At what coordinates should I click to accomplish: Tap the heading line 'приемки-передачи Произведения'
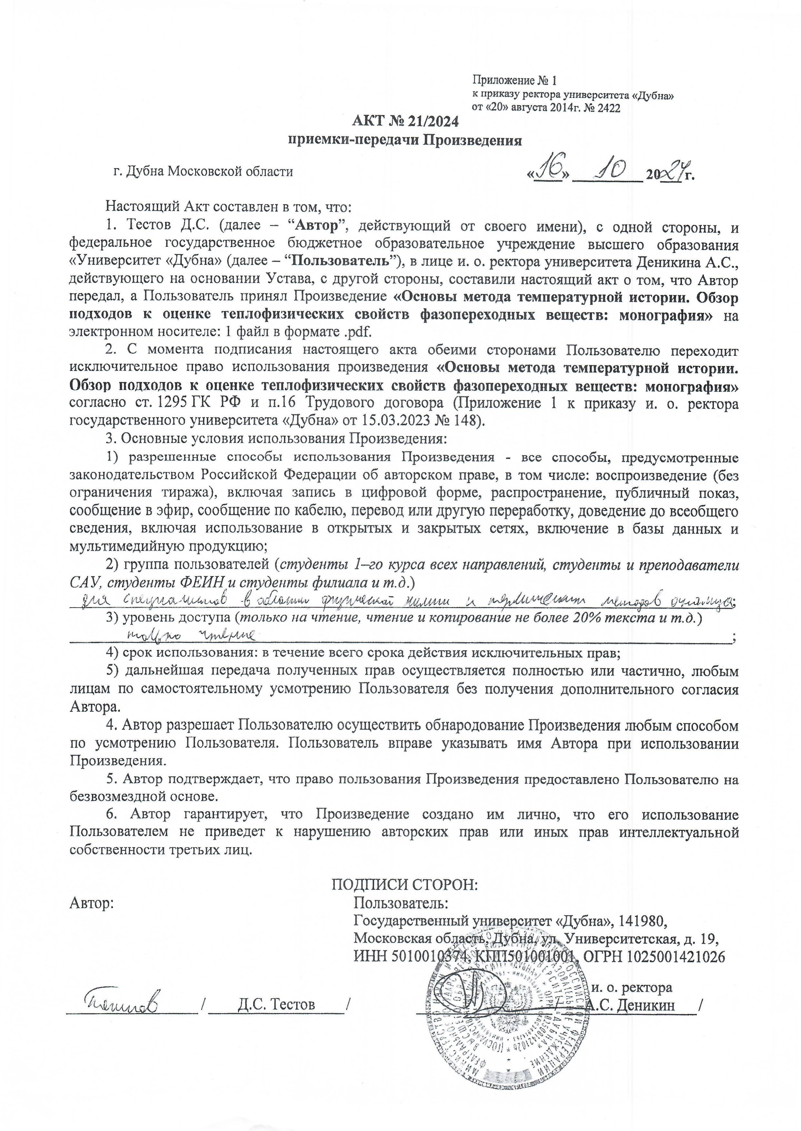click(x=404, y=141)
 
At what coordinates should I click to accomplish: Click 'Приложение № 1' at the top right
click(x=514, y=80)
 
